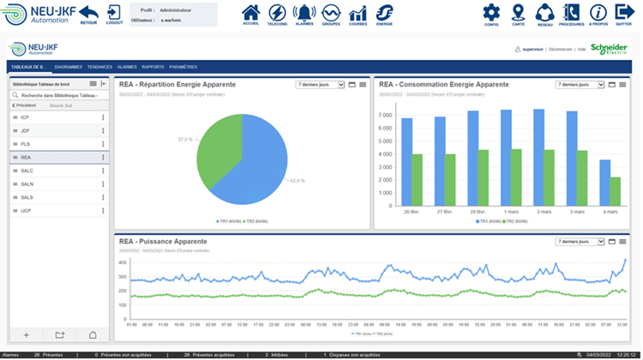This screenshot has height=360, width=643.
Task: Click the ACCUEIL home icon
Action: pos(250,13)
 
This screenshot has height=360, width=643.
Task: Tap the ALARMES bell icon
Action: pos(303,13)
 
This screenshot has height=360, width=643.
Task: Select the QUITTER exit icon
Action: pos(623,13)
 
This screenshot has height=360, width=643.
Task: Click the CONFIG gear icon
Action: pos(491,13)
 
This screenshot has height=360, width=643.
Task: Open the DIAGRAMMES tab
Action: pos(68,66)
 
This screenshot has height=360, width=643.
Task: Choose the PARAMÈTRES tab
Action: pos(183,66)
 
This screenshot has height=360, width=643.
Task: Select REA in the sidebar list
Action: pos(26,158)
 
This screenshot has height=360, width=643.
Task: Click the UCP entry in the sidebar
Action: pos(26,211)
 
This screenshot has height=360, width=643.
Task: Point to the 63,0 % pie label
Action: pos(298,181)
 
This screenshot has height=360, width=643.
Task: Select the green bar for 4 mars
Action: pos(615,190)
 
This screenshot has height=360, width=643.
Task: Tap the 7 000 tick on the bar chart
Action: pos(385,115)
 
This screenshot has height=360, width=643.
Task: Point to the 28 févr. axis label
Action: pos(478,211)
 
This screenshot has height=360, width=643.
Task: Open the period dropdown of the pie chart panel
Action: pos(320,85)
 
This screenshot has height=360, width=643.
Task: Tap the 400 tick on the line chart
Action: pos(122,262)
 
